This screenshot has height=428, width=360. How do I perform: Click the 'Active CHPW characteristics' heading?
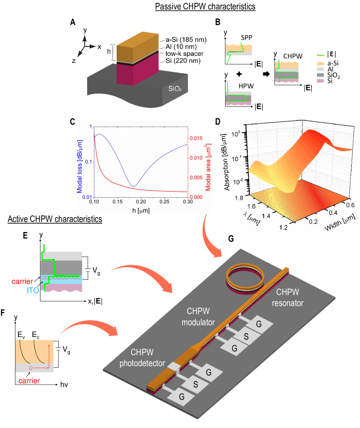click(55, 220)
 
